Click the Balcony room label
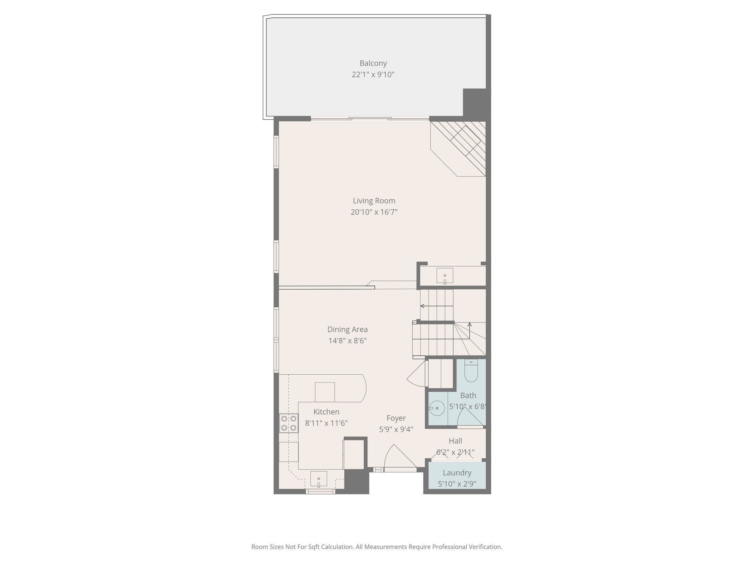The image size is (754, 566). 373,63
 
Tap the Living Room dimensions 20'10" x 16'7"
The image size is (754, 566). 374,212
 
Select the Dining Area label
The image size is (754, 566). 347,329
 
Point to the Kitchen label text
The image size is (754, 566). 326,412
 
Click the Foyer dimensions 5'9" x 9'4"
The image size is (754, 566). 396,429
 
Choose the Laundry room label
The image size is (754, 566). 457,473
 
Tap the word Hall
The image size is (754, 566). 455,441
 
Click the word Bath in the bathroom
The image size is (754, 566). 468,395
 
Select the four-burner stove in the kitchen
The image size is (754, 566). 289,423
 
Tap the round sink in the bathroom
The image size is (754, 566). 437,408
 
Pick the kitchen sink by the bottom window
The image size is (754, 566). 318,479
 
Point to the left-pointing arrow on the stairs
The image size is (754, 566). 422,306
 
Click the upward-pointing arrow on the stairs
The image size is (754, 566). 469,325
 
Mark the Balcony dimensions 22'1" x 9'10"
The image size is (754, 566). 373,74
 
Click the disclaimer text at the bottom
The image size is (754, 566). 377,547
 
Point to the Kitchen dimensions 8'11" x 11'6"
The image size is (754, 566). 326,423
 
